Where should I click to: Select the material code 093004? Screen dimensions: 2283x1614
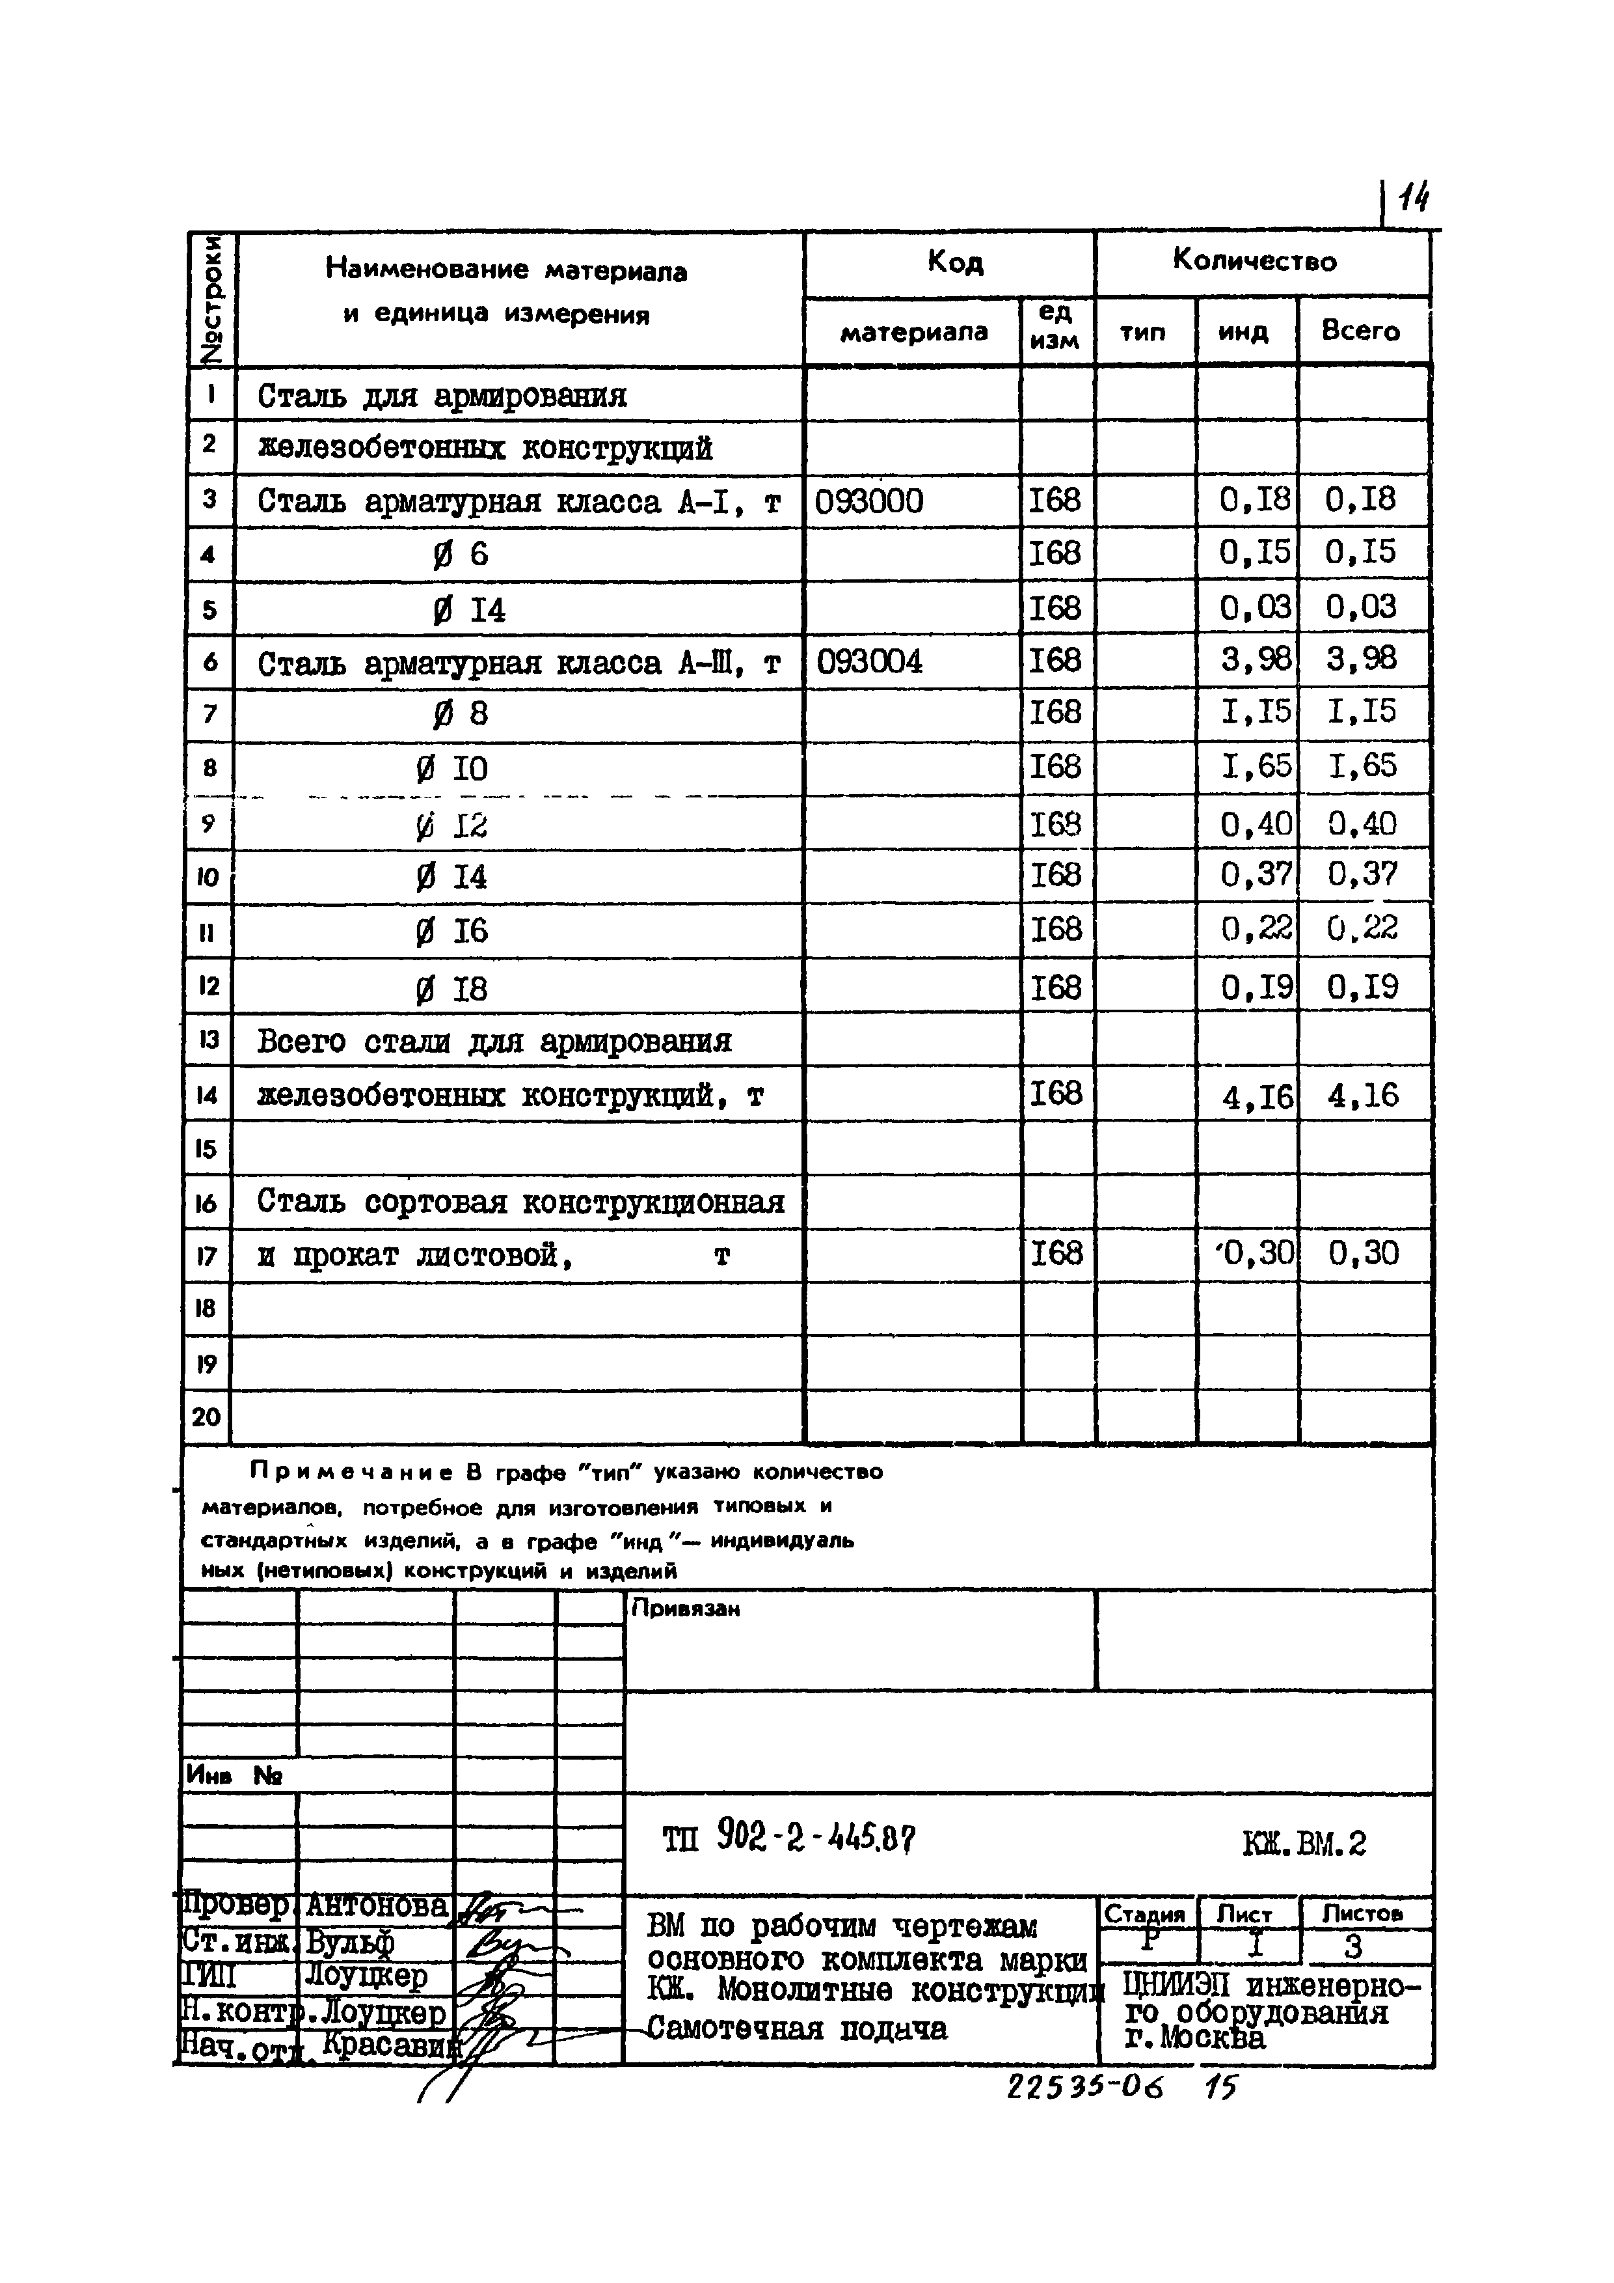tap(868, 661)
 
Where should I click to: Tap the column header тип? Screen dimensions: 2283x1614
tap(1143, 332)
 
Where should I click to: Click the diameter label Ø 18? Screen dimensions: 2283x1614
tap(451, 989)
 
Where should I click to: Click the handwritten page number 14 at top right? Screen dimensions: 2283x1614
tap(1412, 202)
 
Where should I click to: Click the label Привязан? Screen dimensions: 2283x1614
tap(686, 1609)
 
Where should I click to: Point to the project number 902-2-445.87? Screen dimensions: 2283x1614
tap(815, 1840)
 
